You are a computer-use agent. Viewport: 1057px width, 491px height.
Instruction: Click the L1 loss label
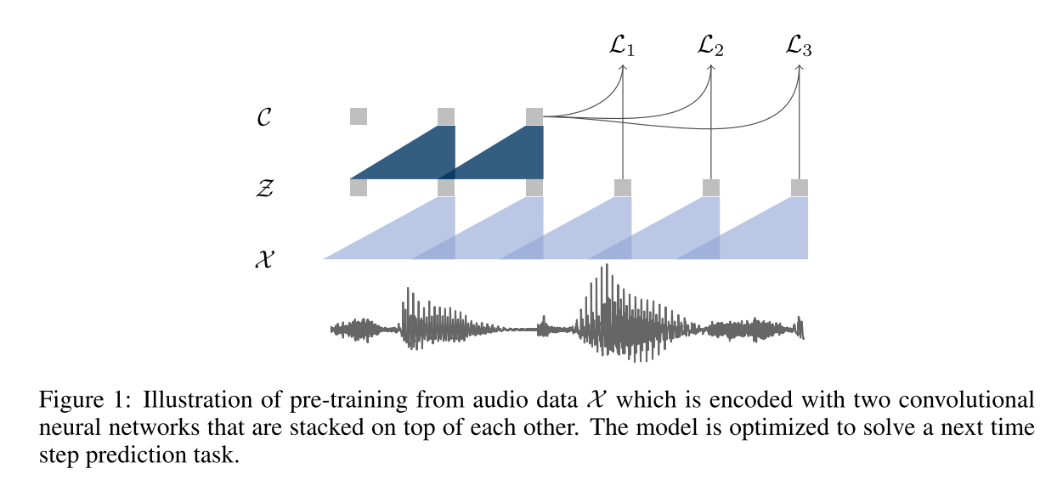click(623, 47)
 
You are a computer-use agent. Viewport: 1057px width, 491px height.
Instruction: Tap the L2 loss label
click(711, 47)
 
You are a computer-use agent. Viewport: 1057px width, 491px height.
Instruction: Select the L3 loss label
click(800, 47)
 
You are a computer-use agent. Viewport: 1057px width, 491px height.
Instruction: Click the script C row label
click(263, 117)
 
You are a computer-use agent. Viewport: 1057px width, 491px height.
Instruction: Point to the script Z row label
click(263, 188)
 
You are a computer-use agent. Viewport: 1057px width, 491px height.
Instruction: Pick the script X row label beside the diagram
click(263, 259)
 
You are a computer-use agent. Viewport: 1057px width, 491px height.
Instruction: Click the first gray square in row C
click(359, 116)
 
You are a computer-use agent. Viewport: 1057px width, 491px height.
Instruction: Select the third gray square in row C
click(534, 116)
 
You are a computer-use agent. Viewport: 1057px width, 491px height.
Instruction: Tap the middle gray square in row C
click(446, 116)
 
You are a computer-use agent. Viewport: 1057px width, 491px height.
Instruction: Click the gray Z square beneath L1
click(623, 188)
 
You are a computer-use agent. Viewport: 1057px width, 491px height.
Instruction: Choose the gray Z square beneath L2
click(711, 188)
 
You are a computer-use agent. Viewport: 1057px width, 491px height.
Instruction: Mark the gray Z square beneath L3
click(800, 188)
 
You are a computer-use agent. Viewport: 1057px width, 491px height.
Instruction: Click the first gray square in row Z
click(359, 188)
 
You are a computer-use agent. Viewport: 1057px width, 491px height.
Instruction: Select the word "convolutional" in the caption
click(983, 399)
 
